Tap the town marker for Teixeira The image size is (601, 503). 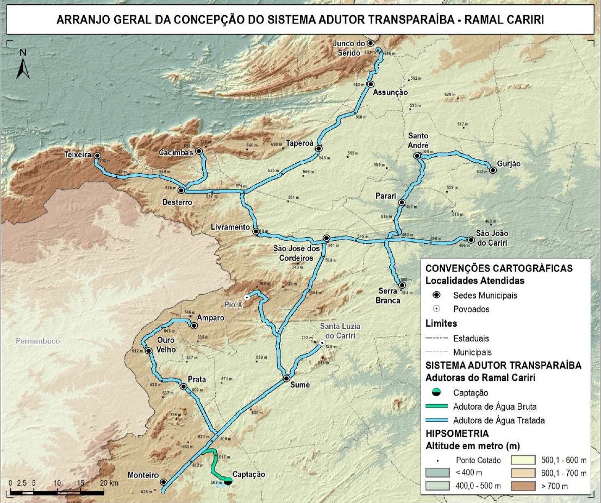coord(97,156)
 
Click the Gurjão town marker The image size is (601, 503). coord(492,170)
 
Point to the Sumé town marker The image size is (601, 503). coord(286,378)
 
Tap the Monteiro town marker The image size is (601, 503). coord(163,481)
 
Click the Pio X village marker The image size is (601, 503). coord(247,297)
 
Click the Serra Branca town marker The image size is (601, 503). coord(402,285)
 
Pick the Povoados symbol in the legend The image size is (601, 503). coord(437,309)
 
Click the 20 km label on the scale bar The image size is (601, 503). coord(108,483)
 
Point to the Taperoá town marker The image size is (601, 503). coord(318,148)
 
